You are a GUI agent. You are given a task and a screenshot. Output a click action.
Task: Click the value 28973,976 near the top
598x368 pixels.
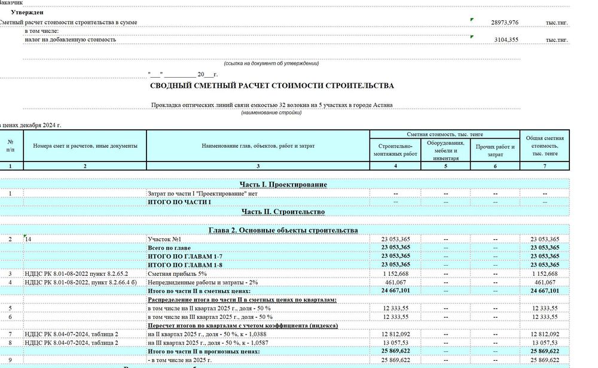505,22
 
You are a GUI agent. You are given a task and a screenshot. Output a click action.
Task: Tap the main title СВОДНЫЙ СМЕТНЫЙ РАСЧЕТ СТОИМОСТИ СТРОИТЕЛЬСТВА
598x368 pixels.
272,86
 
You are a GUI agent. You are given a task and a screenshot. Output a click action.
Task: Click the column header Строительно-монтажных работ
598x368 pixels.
395,150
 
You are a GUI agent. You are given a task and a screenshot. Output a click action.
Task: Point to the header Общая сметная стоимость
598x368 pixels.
544,146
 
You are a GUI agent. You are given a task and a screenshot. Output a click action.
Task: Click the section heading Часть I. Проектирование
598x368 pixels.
283,185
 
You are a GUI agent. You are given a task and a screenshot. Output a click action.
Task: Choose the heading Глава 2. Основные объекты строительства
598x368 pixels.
283,230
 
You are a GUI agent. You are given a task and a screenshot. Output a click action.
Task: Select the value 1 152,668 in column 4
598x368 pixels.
395,273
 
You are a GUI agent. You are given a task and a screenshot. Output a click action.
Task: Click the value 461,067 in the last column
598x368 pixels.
544,282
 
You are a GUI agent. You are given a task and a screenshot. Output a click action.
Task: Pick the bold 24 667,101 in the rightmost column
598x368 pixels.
544,291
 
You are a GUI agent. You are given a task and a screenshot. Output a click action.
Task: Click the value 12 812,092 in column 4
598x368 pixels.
395,334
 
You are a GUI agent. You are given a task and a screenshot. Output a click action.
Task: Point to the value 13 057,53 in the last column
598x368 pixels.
544,342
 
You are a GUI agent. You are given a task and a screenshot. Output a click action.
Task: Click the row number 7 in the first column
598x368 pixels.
10,334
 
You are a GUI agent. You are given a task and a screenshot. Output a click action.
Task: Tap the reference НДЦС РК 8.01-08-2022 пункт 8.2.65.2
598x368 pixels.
77,273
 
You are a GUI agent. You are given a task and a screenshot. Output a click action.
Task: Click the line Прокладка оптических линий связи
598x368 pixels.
272,105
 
